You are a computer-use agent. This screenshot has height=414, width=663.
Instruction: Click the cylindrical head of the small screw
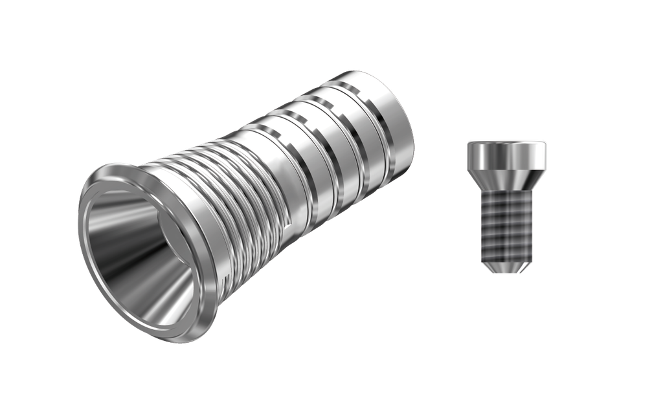(506, 153)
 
